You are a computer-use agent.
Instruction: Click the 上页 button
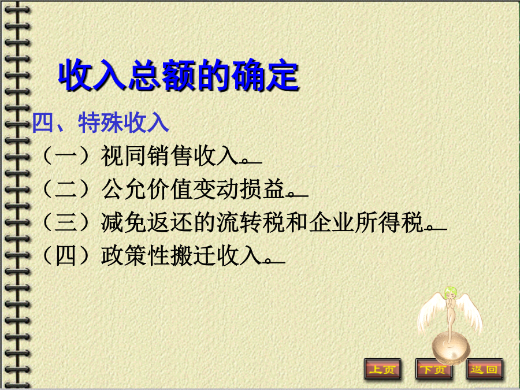[382, 369]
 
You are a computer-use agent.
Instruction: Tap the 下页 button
[433, 369]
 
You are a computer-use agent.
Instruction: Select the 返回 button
[485, 369]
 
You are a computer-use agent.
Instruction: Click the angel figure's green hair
[451, 292]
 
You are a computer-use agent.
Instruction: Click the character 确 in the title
[247, 75]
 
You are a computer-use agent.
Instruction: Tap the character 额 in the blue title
[179, 75]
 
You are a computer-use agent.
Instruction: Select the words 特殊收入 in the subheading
[124, 122]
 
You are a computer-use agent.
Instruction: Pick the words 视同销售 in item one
[146, 156]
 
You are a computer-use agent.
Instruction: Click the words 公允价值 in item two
[146, 189]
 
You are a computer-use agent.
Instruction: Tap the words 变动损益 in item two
[239, 189]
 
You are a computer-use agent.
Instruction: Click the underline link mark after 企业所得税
[437, 228]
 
